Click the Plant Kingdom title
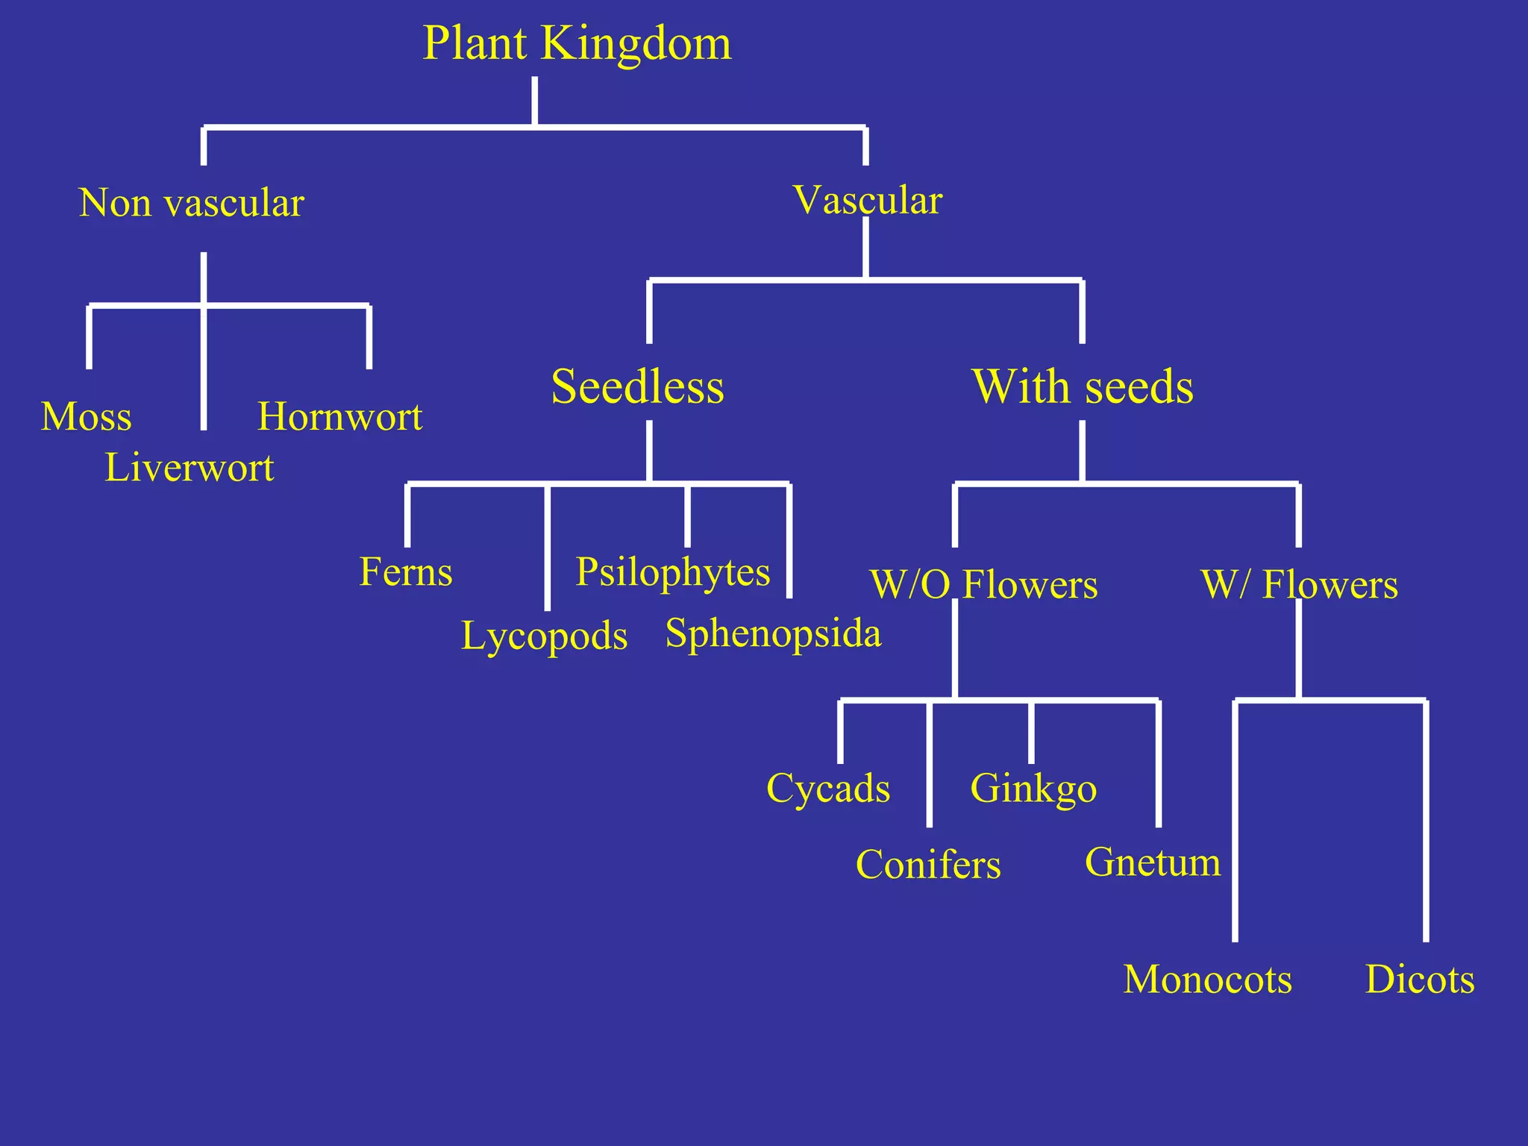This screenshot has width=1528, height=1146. pos(577,43)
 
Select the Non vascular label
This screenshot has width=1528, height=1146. pos(192,203)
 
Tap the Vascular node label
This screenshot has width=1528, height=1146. pos(868,200)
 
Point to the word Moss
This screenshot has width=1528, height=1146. pos(87,416)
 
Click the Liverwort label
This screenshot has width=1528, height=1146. pos(190,468)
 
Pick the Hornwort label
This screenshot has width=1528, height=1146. pos(340,416)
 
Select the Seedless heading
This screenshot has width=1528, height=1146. pos(638,386)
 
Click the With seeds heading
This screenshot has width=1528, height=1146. pos(1083,386)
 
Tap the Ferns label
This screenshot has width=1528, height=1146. pos(406,572)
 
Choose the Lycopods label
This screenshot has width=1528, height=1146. pos(545,636)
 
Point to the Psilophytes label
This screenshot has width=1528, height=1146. pos(673,572)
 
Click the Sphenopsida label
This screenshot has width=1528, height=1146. pos(773,633)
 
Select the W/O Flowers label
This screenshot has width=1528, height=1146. pos(984,584)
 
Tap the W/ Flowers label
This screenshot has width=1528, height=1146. pos(1300,584)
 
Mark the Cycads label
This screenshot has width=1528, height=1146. pos(828,789)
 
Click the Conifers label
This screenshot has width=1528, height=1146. pos(928,865)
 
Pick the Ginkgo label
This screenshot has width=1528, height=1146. pos(1033,789)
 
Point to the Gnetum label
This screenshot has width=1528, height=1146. pos(1153,862)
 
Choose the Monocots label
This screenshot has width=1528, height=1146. pos(1208,979)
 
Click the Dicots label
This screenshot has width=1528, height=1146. pos(1420,979)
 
